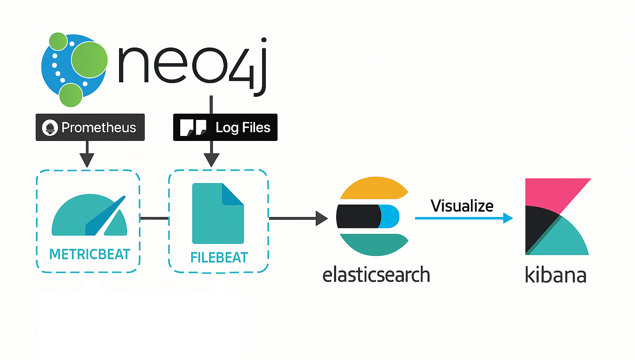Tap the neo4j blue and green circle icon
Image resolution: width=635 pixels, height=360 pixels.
pos(74,69)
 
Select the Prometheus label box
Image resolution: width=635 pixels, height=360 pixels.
pos(90,127)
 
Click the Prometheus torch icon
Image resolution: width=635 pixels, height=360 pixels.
pos(50,128)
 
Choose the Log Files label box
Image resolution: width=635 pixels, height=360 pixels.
pos(225,127)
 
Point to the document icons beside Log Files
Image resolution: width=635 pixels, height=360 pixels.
pos(193,127)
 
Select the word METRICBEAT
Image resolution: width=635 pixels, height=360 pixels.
pos(90,254)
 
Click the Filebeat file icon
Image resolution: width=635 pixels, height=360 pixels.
pos(218,213)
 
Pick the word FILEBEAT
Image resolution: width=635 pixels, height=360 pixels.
pos(219,257)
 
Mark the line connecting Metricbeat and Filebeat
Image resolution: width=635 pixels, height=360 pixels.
pos(154,218)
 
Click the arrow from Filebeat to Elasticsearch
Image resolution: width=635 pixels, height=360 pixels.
pos(298,218)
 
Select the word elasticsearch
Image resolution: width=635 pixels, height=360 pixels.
pos(376,275)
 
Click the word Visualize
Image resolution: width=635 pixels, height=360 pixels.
pos(462,206)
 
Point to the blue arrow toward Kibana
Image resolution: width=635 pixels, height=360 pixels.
pos(463,218)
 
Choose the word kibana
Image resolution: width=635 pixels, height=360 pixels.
pos(556,275)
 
